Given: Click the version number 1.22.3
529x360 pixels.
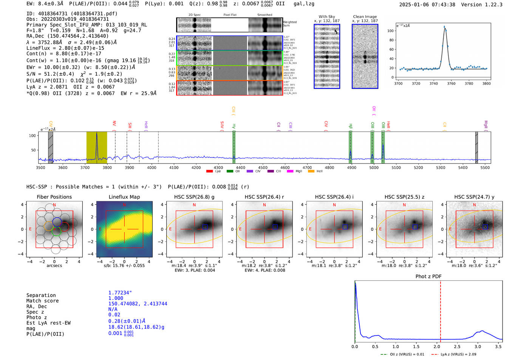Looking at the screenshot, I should click(488, 5).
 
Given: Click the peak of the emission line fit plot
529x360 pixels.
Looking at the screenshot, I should click(444, 27).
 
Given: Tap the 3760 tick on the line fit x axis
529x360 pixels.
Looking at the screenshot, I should click(451, 83).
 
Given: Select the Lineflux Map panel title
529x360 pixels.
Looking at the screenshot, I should click(124, 197).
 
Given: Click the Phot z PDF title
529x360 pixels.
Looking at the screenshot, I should click(428, 276).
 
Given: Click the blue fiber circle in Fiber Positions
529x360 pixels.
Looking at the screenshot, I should click(57, 222).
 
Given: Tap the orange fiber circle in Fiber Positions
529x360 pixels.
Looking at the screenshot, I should click(49, 226).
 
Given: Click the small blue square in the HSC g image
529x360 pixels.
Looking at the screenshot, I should click(205, 227).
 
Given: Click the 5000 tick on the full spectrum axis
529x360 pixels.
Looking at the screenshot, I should click(374, 167).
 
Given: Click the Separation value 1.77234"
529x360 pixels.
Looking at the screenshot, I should click(120, 293).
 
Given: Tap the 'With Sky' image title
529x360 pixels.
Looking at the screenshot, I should click(327, 17).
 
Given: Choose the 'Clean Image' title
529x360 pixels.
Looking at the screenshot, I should click(365, 17).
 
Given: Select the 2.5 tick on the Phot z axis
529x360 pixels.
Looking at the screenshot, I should click(457, 346).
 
